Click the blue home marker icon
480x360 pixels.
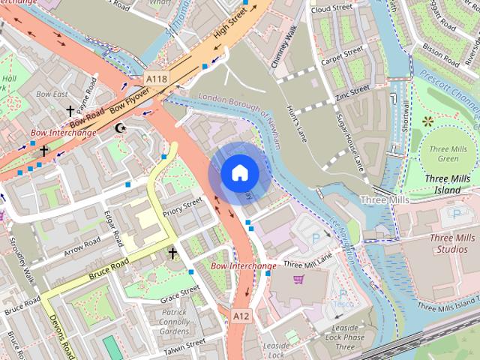coord(239,173)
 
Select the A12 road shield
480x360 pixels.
coord(240,317)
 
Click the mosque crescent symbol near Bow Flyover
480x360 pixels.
coord(119,128)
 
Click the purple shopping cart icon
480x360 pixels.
coord(298,280)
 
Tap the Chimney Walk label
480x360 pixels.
coord(285,46)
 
